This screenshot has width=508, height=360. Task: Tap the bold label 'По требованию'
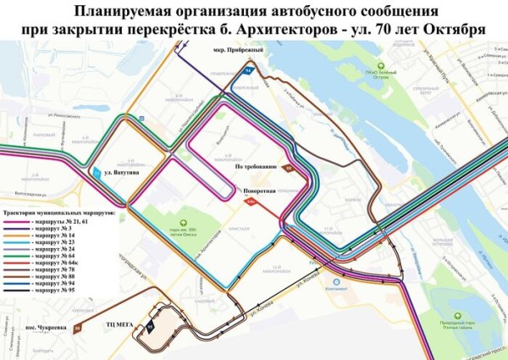point(257,167)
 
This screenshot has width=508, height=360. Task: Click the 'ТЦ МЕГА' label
point(121,324)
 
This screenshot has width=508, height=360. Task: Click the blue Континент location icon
point(337,282)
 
